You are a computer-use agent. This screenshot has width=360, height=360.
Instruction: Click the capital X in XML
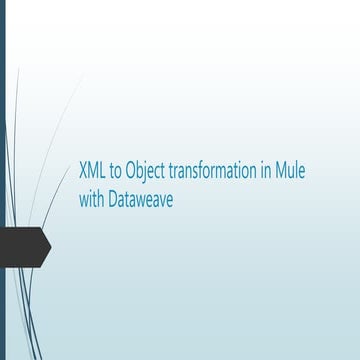[x=82, y=172]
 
